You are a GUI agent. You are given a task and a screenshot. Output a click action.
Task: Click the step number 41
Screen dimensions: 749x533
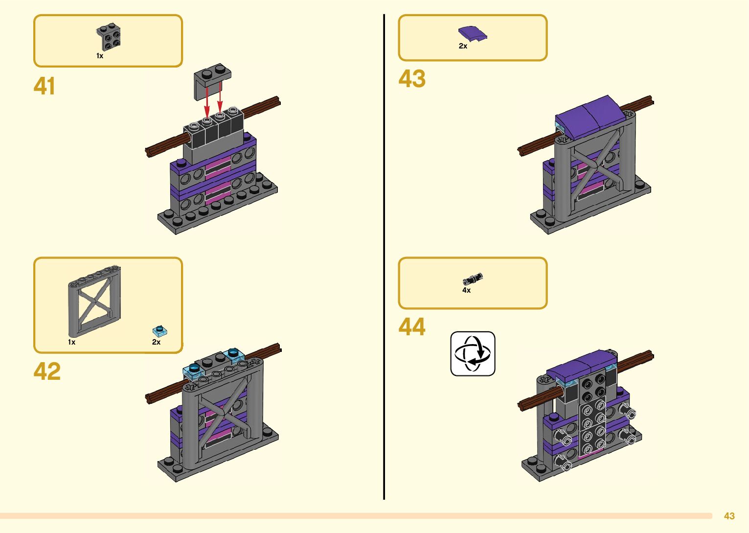point(45,86)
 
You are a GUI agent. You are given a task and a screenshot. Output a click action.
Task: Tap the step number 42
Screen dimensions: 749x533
point(47,371)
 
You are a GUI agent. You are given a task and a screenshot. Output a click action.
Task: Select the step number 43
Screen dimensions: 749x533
point(412,79)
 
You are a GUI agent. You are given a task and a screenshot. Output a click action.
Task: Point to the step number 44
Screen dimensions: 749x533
point(412,326)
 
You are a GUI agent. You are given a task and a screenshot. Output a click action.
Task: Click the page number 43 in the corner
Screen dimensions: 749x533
point(729,516)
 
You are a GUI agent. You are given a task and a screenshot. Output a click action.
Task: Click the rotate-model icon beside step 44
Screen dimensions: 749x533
point(473,353)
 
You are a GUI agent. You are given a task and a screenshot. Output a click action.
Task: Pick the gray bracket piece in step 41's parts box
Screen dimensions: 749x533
point(109,37)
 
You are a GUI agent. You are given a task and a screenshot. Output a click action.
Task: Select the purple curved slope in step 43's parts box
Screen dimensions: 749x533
point(473,33)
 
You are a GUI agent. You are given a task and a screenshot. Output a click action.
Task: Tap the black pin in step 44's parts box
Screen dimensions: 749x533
point(473,279)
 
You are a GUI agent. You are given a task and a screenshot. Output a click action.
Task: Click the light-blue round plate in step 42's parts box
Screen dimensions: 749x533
point(160,331)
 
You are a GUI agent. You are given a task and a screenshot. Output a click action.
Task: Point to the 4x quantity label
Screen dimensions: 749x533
point(466,290)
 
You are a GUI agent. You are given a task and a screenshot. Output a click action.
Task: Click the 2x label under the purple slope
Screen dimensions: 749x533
point(463,46)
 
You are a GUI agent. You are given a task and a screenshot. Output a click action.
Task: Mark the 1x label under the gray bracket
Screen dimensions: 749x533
point(100,56)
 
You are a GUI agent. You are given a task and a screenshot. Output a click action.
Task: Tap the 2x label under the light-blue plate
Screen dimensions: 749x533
point(156,342)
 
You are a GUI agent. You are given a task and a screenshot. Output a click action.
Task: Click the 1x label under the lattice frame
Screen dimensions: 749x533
point(72,342)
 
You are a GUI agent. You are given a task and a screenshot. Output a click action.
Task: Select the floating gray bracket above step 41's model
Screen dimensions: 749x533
point(212,81)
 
